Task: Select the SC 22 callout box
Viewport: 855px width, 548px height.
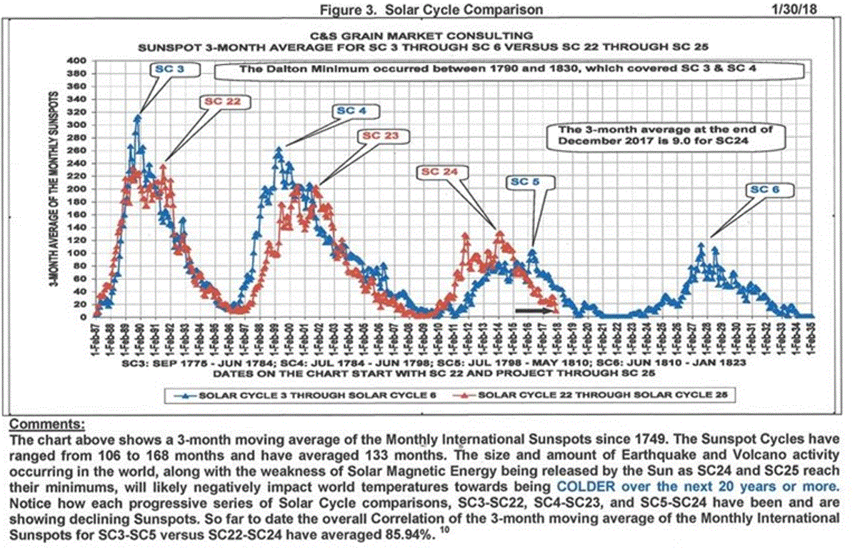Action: point(222,101)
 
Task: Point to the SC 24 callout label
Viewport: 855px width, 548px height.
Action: point(441,171)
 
